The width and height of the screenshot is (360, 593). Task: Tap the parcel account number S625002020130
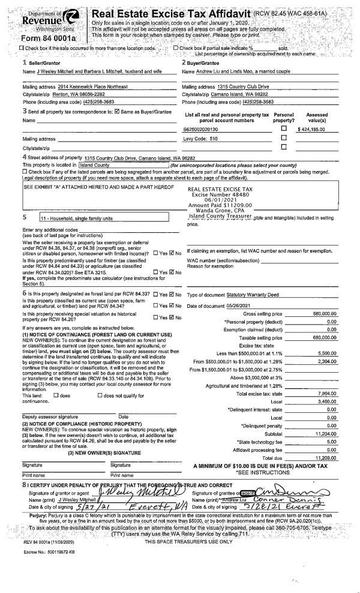[x=202, y=128]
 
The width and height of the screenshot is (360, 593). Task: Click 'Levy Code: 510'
[x=200, y=138]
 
